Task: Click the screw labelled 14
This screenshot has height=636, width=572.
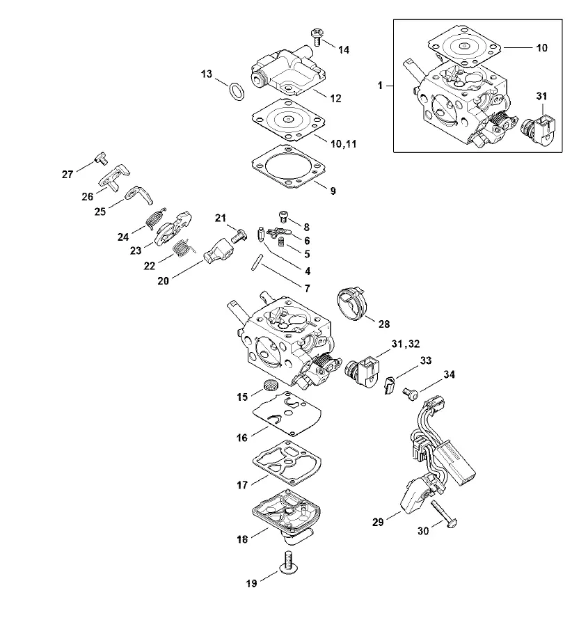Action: [317, 37]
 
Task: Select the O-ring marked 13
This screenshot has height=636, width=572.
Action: [237, 91]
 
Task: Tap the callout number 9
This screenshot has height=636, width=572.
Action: [333, 191]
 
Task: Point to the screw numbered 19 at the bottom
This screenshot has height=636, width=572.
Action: [287, 563]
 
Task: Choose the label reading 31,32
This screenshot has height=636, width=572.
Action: [406, 344]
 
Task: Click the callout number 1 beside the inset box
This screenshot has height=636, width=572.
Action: [380, 86]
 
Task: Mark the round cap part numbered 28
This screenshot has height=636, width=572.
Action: [351, 303]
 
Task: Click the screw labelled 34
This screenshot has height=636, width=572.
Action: [411, 393]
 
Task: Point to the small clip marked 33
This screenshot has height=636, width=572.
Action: [389, 385]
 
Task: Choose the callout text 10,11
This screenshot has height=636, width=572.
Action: [344, 144]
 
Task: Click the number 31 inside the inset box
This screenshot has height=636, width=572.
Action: [541, 96]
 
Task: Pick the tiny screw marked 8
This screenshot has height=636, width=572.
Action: [284, 216]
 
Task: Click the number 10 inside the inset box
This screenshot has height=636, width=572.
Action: [541, 48]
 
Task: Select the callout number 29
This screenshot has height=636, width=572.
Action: [378, 522]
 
